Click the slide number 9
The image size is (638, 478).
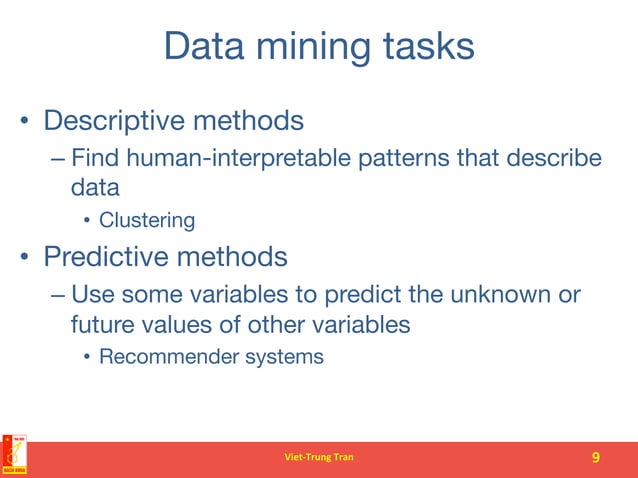(x=596, y=458)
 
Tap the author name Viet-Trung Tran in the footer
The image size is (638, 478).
(x=319, y=458)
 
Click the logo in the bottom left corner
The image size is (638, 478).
(x=14, y=455)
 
